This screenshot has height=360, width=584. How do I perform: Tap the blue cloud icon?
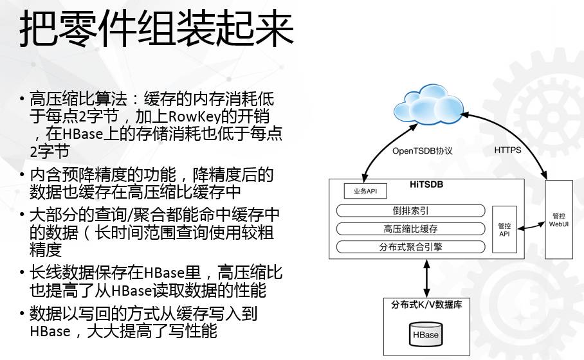(427, 105)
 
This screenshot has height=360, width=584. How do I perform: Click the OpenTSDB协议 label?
(423, 150)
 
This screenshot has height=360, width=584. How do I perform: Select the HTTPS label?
(507, 150)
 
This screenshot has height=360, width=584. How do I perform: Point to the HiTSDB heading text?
(426, 184)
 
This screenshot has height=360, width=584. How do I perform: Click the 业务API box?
(361, 192)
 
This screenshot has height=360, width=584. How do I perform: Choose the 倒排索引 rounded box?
(411, 211)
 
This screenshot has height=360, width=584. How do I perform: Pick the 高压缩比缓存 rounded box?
(411, 229)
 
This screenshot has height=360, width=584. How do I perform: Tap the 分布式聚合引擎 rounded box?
(411, 247)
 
